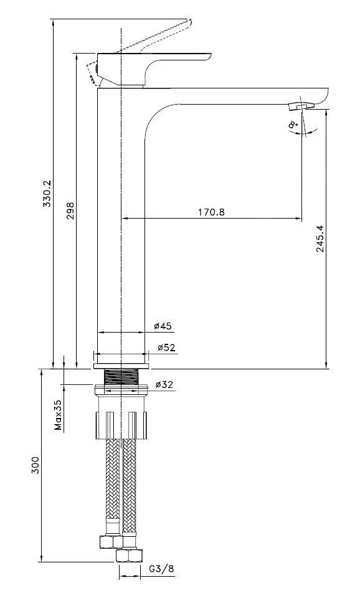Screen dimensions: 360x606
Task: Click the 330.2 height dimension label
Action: pos(47,193)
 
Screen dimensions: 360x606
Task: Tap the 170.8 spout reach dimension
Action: pos(211,212)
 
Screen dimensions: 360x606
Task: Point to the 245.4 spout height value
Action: pos(321,239)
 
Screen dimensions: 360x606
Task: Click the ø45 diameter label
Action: pos(163,326)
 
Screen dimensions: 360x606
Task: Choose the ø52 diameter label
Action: pos(166,348)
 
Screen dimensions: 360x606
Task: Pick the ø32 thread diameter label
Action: pos(164,384)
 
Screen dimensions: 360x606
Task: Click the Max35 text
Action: pos(58,415)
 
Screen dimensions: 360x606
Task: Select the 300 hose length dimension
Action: pos(36,466)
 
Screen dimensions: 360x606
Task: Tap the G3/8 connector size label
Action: pos(161,569)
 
